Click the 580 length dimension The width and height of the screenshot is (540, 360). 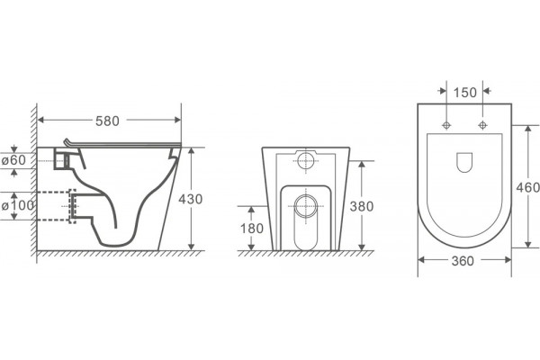[107, 121]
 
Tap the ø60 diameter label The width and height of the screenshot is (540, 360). [13, 160]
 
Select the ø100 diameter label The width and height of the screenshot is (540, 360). [18, 206]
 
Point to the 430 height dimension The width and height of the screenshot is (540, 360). [191, 199]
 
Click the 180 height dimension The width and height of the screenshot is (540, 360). [252, 229]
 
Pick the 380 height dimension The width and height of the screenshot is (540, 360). [362, 206]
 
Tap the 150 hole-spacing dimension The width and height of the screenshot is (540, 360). [465, 93]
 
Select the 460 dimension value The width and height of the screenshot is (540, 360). [527, 187]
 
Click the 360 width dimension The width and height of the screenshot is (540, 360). [463, 261]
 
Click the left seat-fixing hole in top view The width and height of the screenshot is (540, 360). [446, 125]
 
